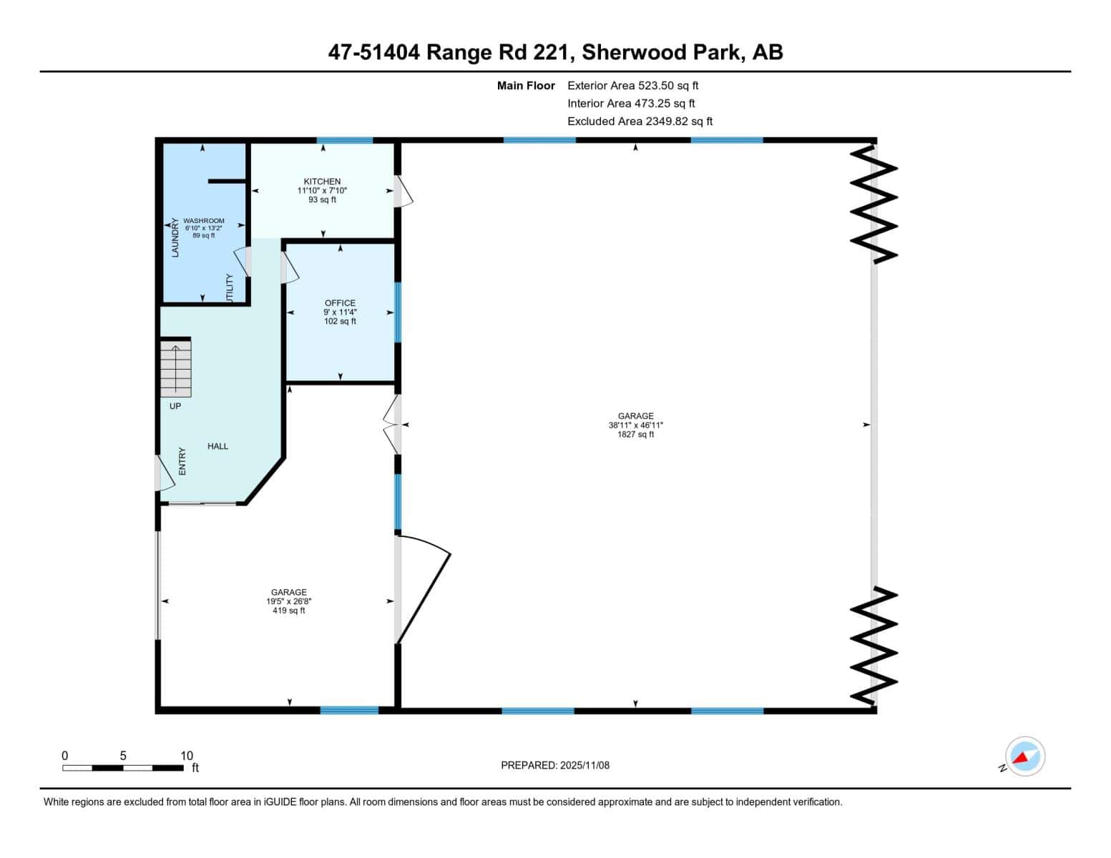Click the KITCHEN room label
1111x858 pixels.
click(x=322, y=182)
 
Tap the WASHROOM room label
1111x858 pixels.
click(x=203, y=221)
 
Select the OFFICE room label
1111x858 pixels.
click(x=340, y=303)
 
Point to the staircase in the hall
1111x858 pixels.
click(x=176, y=369)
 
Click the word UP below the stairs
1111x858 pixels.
click(x=175, y=406)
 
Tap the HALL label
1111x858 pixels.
click(x=217, y=446)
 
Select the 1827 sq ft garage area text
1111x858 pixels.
click(x=635, y=434)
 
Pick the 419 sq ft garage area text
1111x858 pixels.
click(x=288, y=611)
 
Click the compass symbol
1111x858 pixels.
click(x=1024, y=756)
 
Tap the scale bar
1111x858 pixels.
click(x=122, y=768)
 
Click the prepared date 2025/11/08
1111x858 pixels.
click(x=554, y=765)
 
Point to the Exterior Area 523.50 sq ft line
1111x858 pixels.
click(x=632, y=86)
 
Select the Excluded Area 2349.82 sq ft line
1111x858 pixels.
click(x=640, y=122)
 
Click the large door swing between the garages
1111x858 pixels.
click(x=422, y=590)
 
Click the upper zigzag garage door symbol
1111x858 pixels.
click(x=873, y=204)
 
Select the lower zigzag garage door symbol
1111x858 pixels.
click(x=873, y=645)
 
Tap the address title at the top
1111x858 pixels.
click(x=555, y=52)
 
